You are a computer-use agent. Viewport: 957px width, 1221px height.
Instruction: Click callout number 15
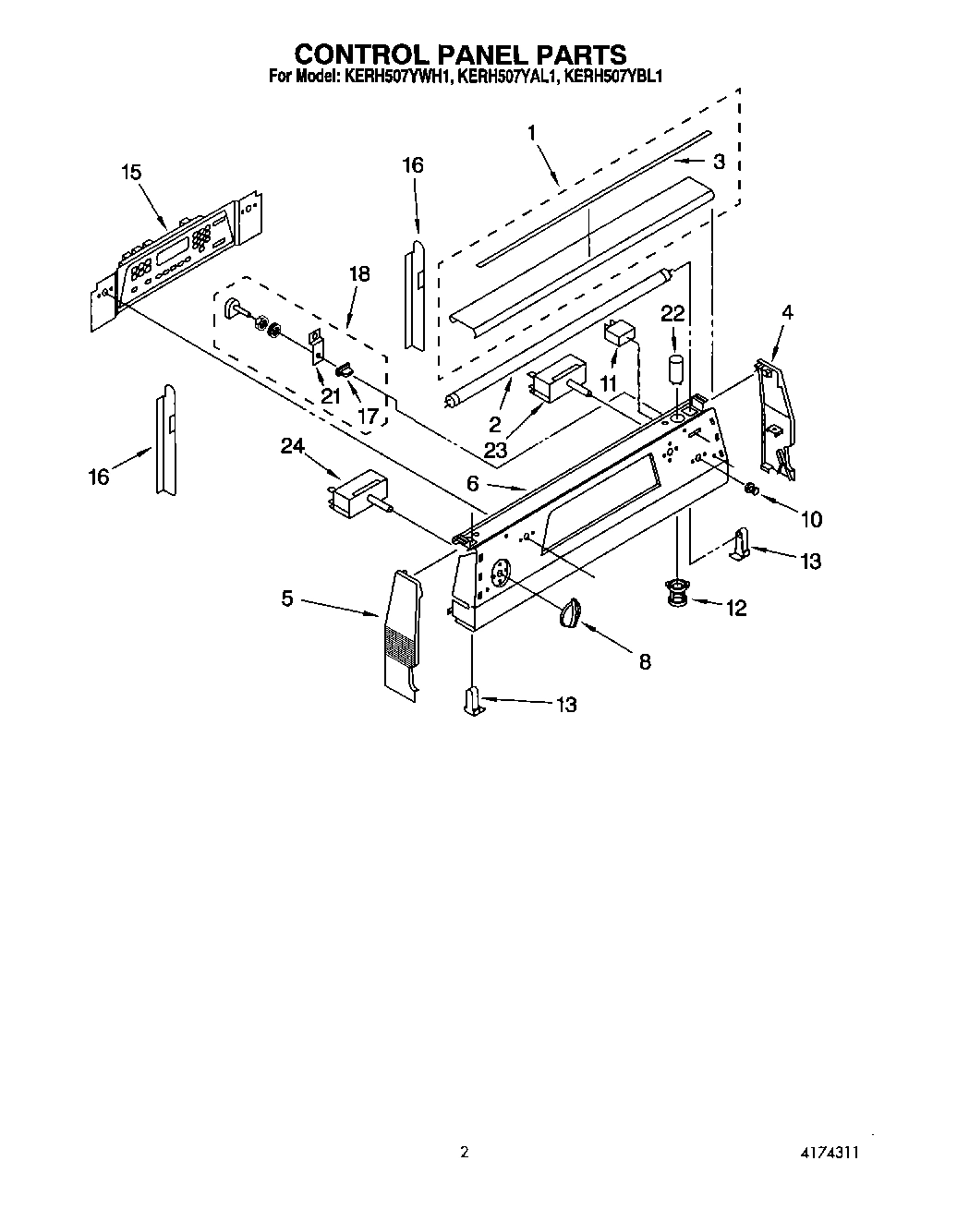pos(131,172)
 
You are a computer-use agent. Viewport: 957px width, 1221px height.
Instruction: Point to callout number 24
pos(292,447)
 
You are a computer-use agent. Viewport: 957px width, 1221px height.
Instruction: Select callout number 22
pos(672,314)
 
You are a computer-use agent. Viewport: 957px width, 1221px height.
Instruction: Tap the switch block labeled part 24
pos(358,490)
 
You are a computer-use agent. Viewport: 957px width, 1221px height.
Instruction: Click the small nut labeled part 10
pos(752,489)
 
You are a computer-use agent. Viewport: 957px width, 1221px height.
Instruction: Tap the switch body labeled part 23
pos(554,380)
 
